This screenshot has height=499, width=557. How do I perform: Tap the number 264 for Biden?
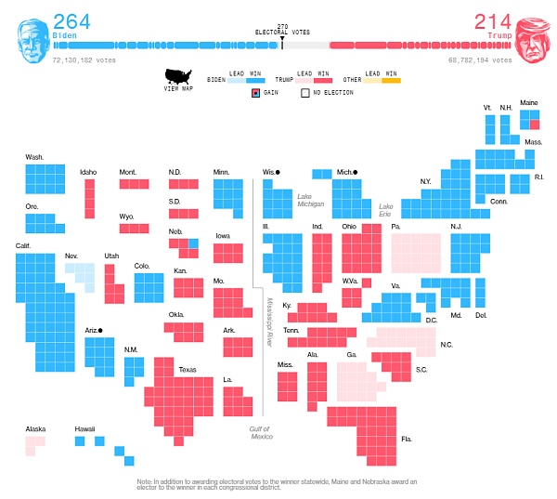pyautogui.click(x=71, y=21)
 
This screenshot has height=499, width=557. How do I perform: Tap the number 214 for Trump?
pyautogui.click(x=493, y=21)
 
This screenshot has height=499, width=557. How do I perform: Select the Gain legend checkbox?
pyautogui.click(x=255, y=93)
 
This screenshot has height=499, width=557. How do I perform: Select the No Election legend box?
pyautogui.click(x=304, y=93)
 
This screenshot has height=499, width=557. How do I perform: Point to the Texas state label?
pyautogui.click(x=188, y=370)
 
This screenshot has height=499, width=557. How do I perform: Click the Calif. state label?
pyautogui.click(x=24, y=245)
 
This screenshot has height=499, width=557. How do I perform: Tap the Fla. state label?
pyautogui.click(x=407, y=439)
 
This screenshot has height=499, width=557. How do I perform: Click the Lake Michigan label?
pyautogui.click(x=311, y=200)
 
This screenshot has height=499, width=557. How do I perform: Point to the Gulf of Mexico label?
pyautogui.click(x=261, y=432)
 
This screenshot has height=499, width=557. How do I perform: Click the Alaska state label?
pyautogui.click(x=35, y=428)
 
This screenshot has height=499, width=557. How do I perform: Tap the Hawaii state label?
pyautogui.click(x=85, y=428)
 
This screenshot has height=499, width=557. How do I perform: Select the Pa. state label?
pyautogui.click(x=395, y=227)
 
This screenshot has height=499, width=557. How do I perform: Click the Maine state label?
pyautogui.click(x=528, y=102)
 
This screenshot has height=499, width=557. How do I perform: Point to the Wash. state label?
pyautogui.click(x=34, y=157)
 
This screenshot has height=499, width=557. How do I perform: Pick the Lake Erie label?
pyautogui.click(x=387, y=210)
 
